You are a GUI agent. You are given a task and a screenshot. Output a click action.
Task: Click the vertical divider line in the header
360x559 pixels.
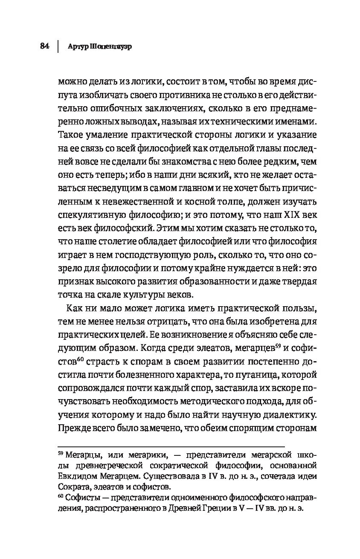tap(58, 46)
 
